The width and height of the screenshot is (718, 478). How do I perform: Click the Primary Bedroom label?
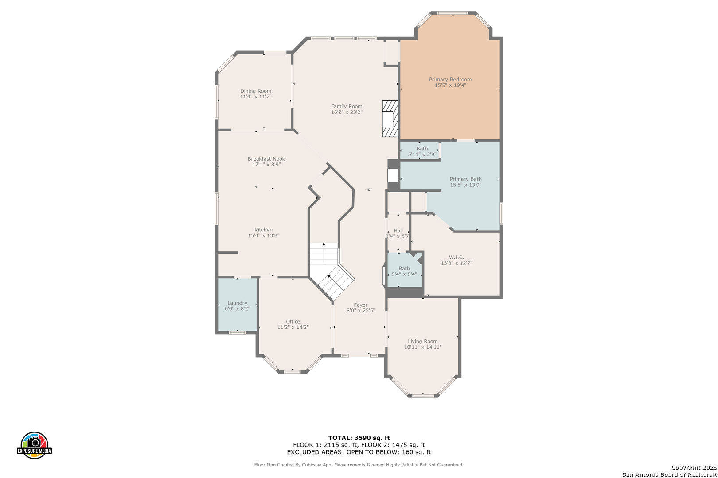click(x=450, y=79)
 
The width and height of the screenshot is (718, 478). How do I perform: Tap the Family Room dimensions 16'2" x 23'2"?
click(x=347, y=112)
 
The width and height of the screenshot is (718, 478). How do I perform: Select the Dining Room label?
click(x=256, y=91)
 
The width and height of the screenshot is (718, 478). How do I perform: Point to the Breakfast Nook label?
click(x=266, y=159)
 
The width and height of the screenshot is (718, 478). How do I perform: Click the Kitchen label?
click(x=263, y=230)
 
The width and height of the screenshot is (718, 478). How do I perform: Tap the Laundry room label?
click(x=237, y=303)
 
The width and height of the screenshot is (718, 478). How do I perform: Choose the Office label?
click(x=293, y=321)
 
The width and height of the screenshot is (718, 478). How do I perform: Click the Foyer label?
click(x=361, y=305)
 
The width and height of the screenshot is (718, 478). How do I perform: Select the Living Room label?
click(x=423, y=341)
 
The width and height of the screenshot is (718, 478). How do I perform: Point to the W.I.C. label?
click(x=457, y=258)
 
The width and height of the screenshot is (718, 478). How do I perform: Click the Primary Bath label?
click(x=465, y=179)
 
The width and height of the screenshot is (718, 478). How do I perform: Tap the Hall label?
click(x=398, y=231)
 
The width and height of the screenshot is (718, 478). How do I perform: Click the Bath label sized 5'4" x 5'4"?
click(x=404, y=269)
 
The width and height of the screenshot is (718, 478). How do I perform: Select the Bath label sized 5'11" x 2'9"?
click(x=422, y=149)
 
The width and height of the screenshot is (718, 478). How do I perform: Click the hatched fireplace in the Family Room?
click(x=390, y=119)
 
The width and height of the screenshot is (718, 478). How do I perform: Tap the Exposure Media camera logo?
click(x=34, y=445)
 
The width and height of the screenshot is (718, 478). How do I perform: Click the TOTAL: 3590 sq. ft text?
click(x=359, y=438)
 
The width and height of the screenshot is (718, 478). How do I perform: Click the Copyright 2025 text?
click(x=694, y=467)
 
